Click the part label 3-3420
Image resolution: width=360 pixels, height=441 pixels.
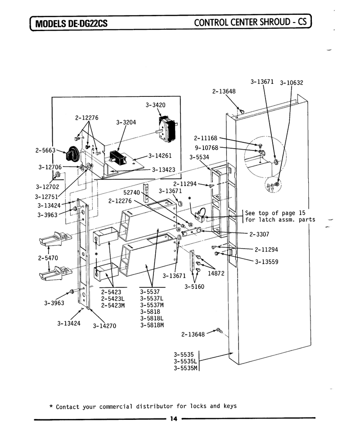point(155,105)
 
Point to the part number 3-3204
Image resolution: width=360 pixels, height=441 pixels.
point(126,123)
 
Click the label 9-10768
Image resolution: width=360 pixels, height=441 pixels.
point(207,148)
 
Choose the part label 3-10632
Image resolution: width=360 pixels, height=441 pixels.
point(292,83)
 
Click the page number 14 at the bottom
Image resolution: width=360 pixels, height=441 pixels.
point(174,419)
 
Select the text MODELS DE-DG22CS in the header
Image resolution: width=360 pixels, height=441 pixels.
point(71,23)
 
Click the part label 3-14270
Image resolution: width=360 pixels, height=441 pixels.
point(104,326)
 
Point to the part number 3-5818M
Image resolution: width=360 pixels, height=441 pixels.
point(152,325)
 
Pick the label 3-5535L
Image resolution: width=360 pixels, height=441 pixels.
point(185,361)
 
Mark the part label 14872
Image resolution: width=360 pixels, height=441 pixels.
point(216,273)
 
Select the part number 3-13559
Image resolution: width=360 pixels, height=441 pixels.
point(266,262)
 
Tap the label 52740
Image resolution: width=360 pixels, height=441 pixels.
point(131,192)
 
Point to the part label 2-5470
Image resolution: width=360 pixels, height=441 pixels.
point(48,258)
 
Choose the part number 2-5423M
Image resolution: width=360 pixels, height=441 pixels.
point(112,305)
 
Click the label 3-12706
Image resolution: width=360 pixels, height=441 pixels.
point(50,167)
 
